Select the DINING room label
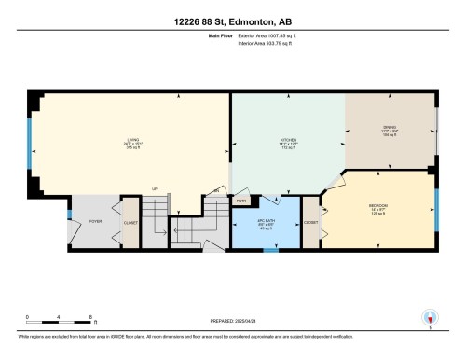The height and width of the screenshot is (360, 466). [x=391, y=130]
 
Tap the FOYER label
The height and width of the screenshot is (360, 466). [x=95, y=221]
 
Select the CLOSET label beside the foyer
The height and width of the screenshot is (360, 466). [x=130, y=222]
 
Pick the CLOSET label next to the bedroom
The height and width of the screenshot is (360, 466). [x=310, y=222]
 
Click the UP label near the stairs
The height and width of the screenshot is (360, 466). [x=155, y=187]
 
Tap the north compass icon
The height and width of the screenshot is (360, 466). [x=430, y=317]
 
